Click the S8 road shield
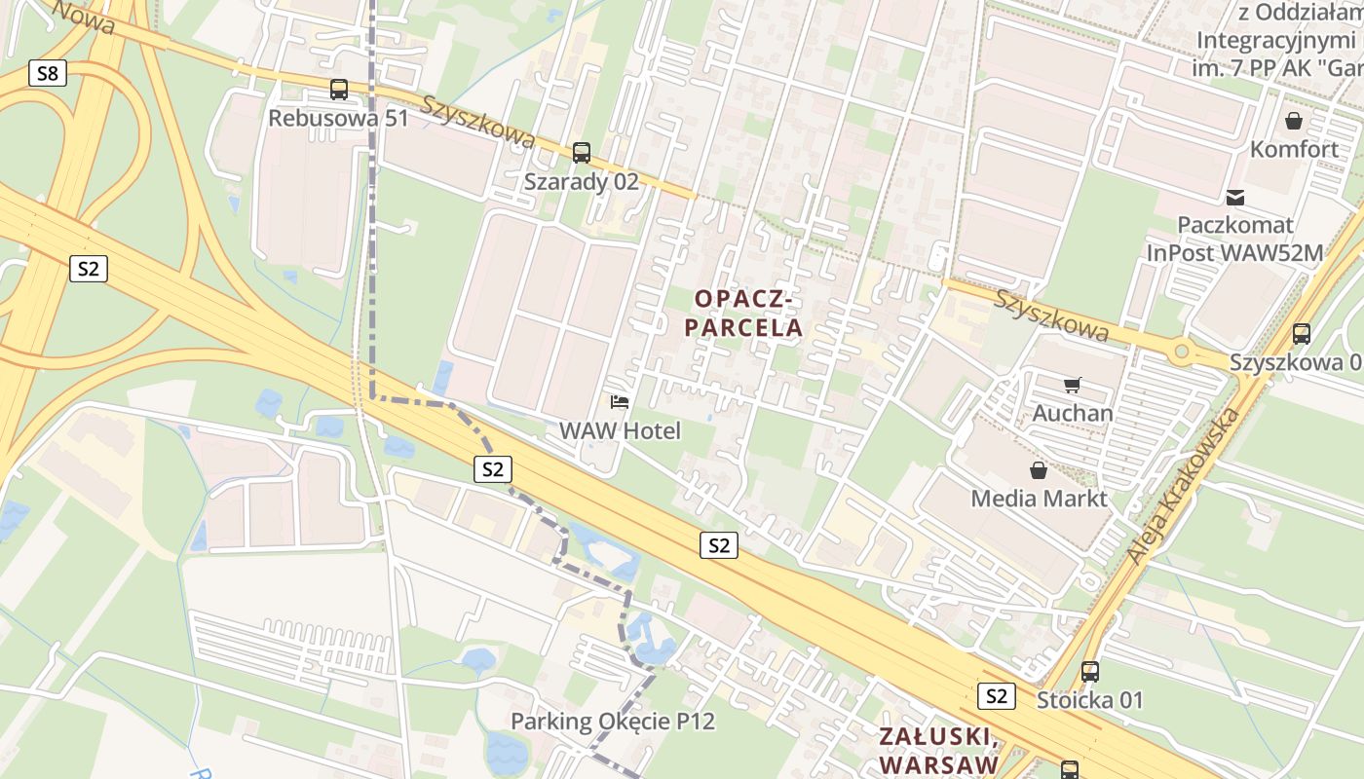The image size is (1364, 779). (x=48, y=73)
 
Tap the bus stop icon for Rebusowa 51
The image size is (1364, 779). (x=339, y=90)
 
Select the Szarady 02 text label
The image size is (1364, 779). (x=581, y=181)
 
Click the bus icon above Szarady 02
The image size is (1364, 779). (x=582, y=152)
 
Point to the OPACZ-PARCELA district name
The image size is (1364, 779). (x=743, y=313)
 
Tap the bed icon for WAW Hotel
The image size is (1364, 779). (x=619, y=401)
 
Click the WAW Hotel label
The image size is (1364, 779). (x=620, y=430)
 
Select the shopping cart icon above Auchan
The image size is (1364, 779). (x=1073, y=386)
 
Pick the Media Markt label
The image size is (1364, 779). (x=1039, y=499)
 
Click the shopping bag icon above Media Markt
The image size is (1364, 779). (x=1039, y=471)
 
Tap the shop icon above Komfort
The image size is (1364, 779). (x=1294, y=121)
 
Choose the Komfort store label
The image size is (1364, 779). (x=1294, y=149)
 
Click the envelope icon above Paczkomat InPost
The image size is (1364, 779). (x=1235, y=198)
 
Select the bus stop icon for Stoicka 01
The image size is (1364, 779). (x=1090, y=671)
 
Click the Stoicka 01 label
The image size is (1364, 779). (x=1089, y=700)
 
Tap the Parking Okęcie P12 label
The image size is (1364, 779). (x=613, y=722)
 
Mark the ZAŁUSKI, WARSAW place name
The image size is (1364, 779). (x=937, y=750)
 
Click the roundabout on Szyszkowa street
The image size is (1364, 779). (x=1181, y=351)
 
